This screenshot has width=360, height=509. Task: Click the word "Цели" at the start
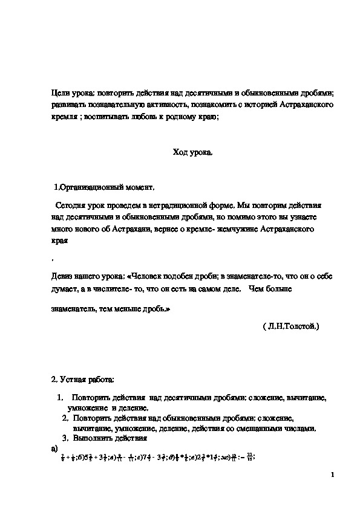[x=60, y=93]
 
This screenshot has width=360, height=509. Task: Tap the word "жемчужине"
[x=235, y=229]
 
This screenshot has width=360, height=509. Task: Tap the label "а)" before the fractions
[x=55, y=449]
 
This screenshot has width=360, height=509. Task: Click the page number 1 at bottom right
[x=333, y=473]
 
